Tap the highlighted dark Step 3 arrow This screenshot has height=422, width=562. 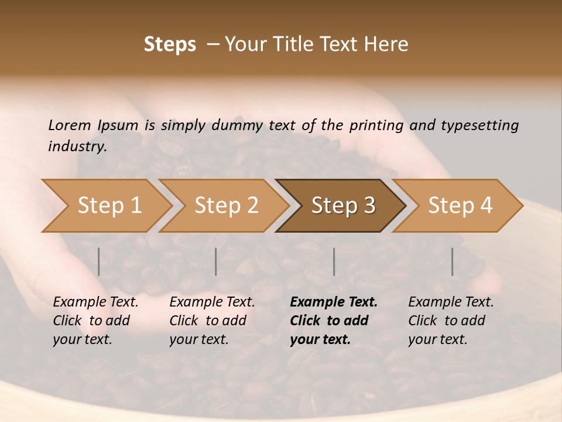pyautogui.click(x=343, y=206)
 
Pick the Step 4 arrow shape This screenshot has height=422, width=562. pyautogui.click(x=460, y=206)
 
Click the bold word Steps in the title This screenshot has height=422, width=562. pyautogui.click(x=170, y=45)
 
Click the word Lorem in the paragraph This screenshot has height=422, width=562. pyautogui.click(x=69, y=125)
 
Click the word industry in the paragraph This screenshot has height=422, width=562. pyautogui.click(x=77, y=146)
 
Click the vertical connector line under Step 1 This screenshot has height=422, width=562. pyautogui.click(x=98, y=261)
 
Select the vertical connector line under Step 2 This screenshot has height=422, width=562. pyautogui.click(x=216, y=261)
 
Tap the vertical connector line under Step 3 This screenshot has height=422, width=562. pyautogui.click(x=334, y=261)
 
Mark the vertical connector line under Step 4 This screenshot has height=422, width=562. pyautogui.click(x=452, y=261)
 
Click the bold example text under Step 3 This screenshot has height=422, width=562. pyautogui.click(x=333, y=321)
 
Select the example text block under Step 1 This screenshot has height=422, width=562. pyautogui.click(x=95, y=321)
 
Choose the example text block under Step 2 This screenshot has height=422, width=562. pyautogui.click(x=211, y=321)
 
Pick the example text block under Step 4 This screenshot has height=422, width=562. pyautogui.click(x=450, y=321)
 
